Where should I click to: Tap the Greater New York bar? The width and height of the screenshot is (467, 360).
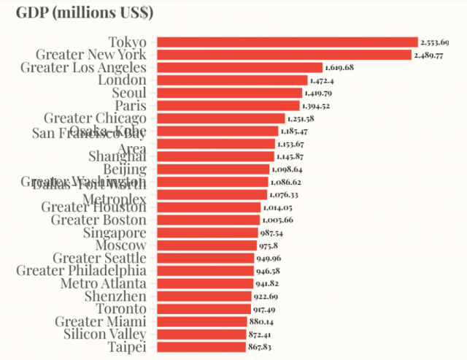tap(285, 55)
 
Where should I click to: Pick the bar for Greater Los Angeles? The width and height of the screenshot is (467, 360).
tap(240, 67)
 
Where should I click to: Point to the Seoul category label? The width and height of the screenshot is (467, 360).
tap(129, 93)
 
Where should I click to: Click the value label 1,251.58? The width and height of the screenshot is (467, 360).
tap(301, 118)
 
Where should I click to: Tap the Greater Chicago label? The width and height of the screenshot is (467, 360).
tap(95, 118)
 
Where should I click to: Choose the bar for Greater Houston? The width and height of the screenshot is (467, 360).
tap(208, 207)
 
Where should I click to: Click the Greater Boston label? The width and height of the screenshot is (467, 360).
tap(99, 220)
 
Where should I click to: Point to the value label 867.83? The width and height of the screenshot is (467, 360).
tap(260, 347)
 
